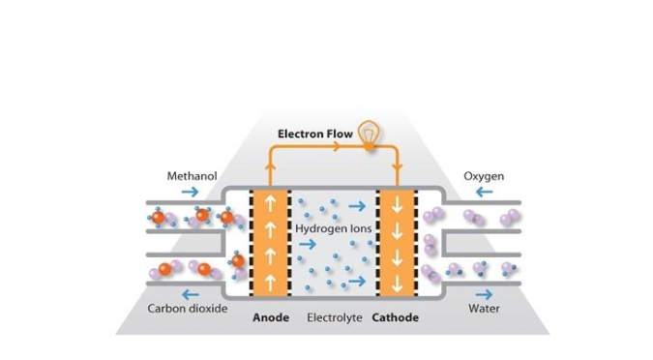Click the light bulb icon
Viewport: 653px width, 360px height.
pos(369,134)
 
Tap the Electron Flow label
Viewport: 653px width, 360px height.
pos(315,135)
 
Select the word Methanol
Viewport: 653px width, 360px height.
pos(192,176)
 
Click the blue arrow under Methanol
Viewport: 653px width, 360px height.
pos(191,192)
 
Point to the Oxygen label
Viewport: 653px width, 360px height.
pos(484,177)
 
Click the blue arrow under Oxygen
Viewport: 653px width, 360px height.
pos(485,192)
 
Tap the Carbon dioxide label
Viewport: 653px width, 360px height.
pos(188,309)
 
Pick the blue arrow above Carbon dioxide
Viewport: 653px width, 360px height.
pos(191,294)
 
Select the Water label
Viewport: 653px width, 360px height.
pos(484,309)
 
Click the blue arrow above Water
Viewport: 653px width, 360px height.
pos(484,294)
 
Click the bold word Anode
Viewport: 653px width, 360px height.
pos(271,318)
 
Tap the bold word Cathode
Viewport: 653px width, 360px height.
pos(396,318)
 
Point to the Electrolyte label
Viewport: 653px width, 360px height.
pos(335,318)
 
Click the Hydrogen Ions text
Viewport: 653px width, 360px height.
pos(333,228)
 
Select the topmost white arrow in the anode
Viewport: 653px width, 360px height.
pos(271,203)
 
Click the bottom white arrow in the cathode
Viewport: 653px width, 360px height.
pos(398,284)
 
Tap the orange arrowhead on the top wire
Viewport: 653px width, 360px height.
pos(336,146)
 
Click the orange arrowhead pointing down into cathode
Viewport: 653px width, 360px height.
pos(397,168)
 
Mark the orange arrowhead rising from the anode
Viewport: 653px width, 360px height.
pos(270,165)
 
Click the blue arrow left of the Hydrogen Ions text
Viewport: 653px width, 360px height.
pos(308,244)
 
